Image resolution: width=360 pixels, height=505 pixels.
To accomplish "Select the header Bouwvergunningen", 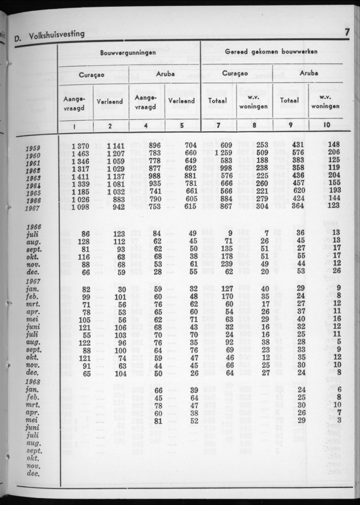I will (x=127, y=52).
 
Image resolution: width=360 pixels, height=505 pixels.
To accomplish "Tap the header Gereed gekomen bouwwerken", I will (x=271, y=52).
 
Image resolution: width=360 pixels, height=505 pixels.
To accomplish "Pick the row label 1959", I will (x=33, y=149).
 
